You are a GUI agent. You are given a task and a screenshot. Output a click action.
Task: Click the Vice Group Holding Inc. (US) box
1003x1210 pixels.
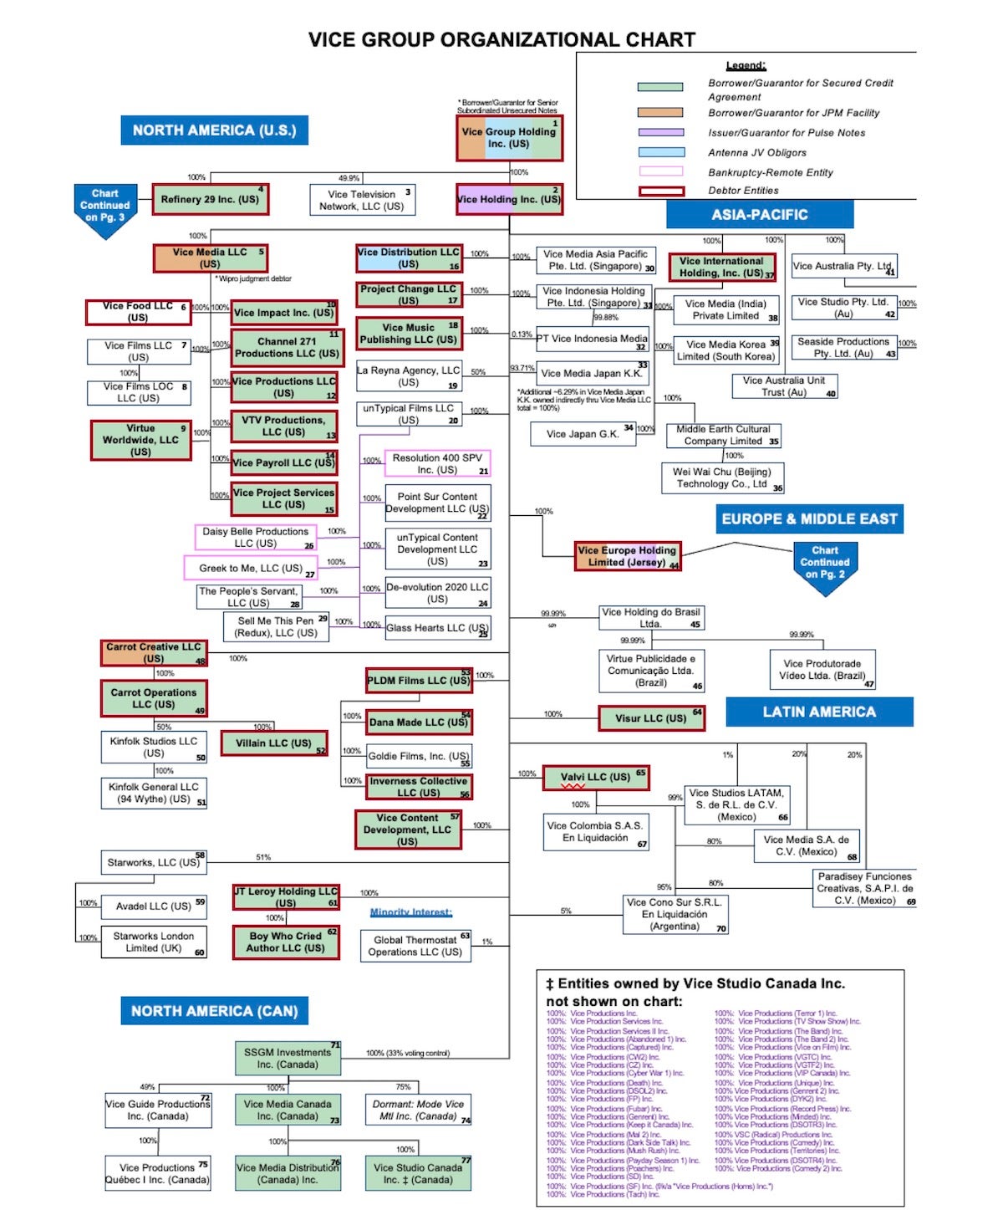click(509, 139)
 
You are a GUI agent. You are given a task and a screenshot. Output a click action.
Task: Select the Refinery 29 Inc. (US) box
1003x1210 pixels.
click(210, 200)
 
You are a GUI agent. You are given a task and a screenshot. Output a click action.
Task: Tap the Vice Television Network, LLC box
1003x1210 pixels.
click(362, 200)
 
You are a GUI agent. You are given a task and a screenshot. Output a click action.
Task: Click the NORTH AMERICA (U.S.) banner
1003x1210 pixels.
click(214, 130)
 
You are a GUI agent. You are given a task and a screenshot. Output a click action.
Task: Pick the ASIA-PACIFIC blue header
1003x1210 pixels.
click(759, 215)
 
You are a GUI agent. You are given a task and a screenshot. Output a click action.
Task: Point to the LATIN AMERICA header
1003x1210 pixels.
click(819, 712)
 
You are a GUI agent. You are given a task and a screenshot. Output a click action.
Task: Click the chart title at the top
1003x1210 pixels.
click(501, 39)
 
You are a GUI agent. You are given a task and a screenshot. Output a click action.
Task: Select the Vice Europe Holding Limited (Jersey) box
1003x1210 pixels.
click(628, 556)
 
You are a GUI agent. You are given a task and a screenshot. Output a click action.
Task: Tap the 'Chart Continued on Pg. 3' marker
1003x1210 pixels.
click(105, 207)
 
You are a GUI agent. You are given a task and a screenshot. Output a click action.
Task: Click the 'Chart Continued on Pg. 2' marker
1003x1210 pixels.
click(824, 564)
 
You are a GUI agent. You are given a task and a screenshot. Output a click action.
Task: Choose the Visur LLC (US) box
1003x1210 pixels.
click(652, 718)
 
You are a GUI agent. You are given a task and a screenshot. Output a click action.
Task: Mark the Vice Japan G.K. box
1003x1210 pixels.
click(583, 434)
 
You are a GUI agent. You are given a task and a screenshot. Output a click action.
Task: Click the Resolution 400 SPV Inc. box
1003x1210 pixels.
click(437, 464)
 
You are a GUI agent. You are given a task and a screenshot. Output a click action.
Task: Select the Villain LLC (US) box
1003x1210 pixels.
click(274, 743)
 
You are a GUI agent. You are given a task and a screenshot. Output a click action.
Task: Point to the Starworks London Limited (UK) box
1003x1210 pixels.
click(154, 942)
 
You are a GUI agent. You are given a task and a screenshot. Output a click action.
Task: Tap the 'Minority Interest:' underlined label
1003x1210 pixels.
click(410, 912)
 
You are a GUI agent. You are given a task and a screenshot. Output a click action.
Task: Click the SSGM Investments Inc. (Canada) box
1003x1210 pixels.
click(288, 1059)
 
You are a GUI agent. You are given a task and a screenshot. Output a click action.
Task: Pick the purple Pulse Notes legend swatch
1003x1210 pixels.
click(661, 132)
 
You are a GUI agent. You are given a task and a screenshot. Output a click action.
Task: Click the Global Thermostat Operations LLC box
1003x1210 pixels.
click(415, 946)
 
